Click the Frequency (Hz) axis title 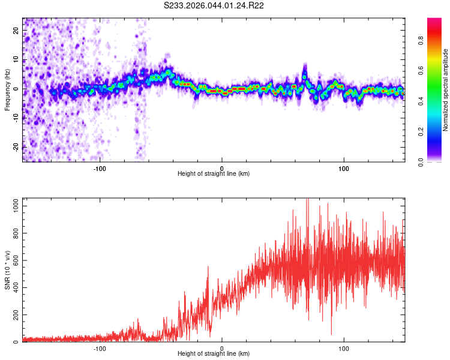pyautogui.click(x=7, y=89)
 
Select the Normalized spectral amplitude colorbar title pyautogui.click(x=446, y=90)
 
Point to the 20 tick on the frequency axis pyautogui.click(x=16, y=31)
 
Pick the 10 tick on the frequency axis pyautogui.click(x=16, y=60)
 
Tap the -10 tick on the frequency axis pyautogui.click(x=15, y=118)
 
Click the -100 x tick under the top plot pyautogui.click(x=100, y=168)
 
